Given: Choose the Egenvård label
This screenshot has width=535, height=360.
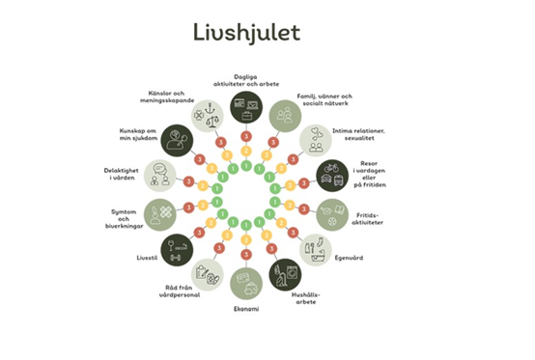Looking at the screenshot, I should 349,259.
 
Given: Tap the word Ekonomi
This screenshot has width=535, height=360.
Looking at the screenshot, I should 245,308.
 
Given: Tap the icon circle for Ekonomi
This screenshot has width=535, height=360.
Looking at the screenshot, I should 245,282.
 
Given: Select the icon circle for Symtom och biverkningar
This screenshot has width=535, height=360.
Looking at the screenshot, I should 160,213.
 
